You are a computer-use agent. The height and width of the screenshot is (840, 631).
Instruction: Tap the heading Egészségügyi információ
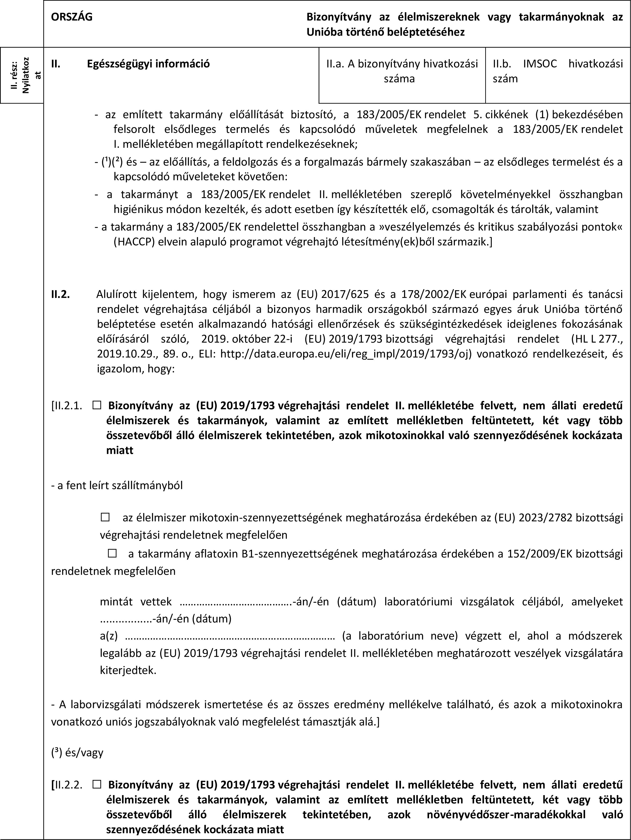[148, 64]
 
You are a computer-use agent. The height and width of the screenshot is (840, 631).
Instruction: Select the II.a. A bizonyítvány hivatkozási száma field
[402, 71]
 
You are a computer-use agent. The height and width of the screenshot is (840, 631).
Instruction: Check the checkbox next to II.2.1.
[96, 406]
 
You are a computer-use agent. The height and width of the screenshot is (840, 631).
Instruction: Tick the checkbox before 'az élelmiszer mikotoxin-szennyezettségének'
[105, 517]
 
